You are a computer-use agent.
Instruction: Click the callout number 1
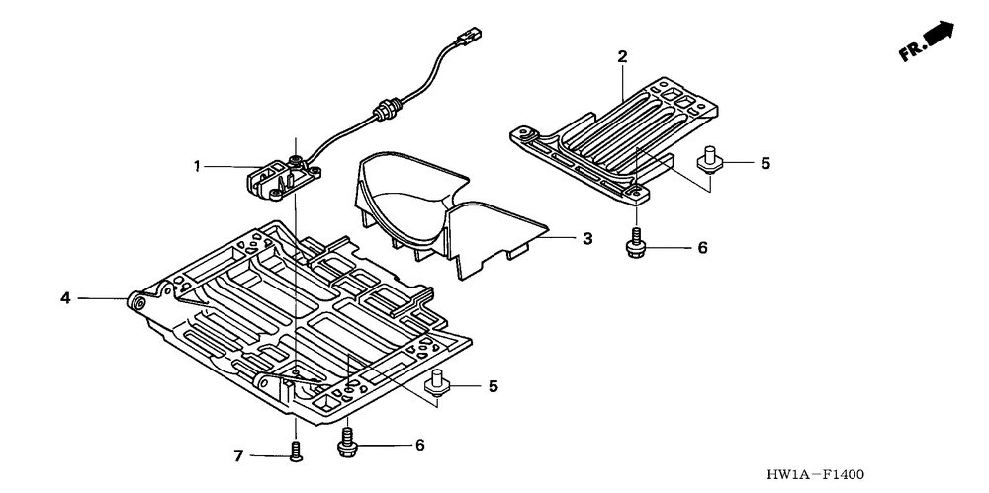click(x=200, y=167)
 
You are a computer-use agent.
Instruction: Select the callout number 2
click(x=622, y=56)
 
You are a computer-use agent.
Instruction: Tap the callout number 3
click(x=586, y=238)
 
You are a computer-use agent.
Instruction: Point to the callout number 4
click(x=64, y=296)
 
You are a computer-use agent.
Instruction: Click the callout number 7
click(x=238, y=455)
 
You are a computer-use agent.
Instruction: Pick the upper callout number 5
click(x=764, y=164)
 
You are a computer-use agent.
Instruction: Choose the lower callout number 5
click(x=493, y=386)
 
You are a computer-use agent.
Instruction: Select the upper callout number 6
click(x=702, y=247)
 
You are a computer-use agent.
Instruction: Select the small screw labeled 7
click(x=295, y=452)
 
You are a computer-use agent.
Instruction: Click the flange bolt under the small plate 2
click(x=635, y=243)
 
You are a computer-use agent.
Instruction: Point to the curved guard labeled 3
click(x=435, y=212)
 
